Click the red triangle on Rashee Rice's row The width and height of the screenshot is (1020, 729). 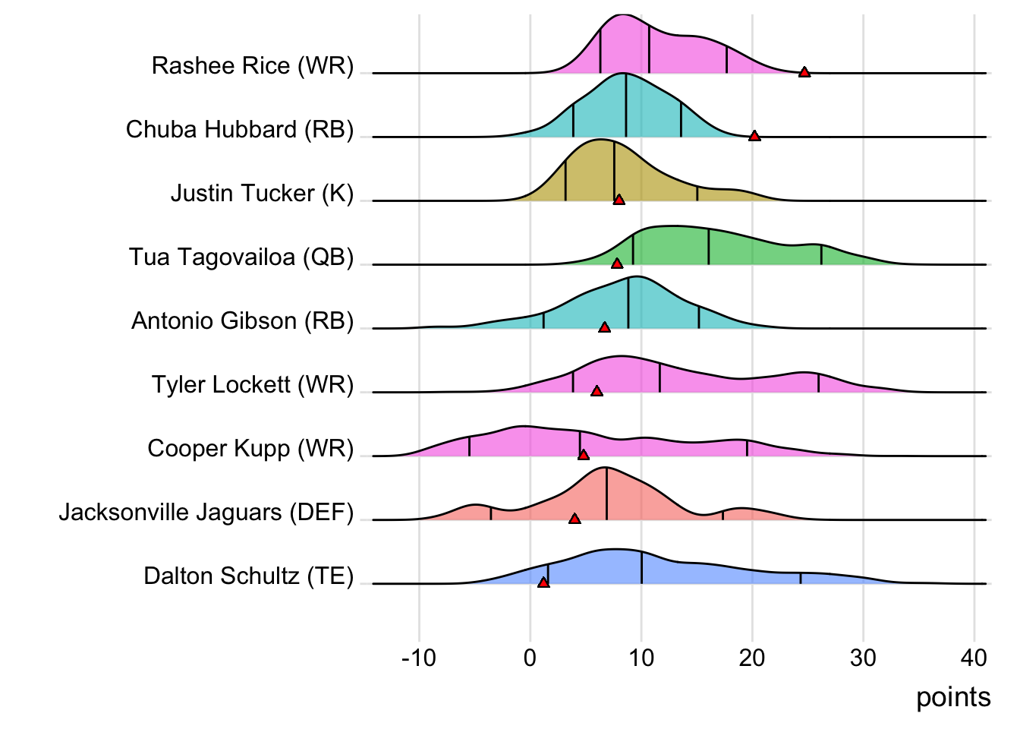804,72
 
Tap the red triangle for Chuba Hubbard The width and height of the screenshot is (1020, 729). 754,136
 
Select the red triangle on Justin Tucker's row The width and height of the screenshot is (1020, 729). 619,200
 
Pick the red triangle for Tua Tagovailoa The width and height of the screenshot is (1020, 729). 617,264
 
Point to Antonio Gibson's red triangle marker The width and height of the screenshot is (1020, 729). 604,327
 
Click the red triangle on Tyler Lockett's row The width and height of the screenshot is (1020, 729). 597,391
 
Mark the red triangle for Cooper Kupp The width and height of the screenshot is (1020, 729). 583,455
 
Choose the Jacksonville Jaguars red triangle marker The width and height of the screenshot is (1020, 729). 575,519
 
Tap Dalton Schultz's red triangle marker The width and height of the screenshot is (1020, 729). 543,582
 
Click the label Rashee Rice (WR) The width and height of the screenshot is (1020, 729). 253,66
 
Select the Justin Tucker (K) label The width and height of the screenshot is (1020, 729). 262,194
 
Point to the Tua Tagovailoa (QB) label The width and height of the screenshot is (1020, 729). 241,257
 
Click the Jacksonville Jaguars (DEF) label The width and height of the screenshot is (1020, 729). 206,513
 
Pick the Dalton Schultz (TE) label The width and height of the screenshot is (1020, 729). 249,576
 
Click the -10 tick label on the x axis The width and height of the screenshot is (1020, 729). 418,658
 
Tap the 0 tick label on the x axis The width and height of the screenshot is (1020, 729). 530,658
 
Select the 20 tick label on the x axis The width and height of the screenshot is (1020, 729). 752,658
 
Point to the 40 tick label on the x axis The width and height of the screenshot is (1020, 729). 974,658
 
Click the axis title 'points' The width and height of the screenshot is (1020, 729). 953,697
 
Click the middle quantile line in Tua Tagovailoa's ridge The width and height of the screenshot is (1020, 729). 709,247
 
